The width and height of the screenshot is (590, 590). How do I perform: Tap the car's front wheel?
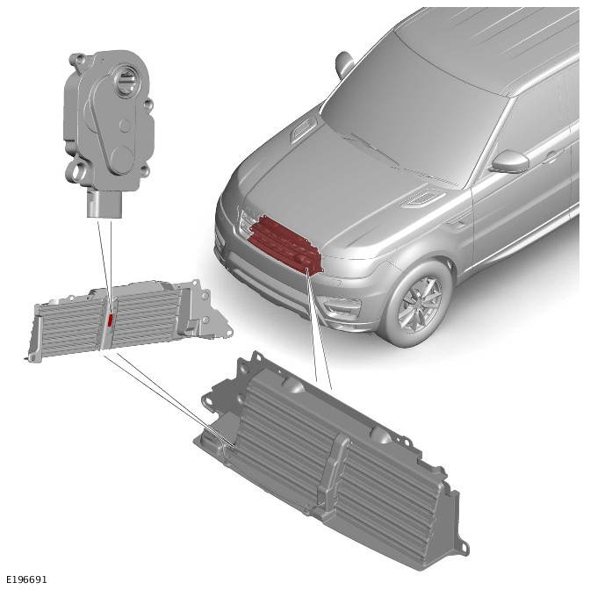(x=418, y=303)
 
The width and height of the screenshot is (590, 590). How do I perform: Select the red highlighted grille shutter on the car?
(x=285, y=245)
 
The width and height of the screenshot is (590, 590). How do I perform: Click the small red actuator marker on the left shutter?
(x=111, y=320)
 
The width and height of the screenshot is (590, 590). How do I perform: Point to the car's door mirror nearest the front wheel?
(x=510, y=162)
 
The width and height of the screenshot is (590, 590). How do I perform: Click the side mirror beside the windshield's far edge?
(x=343, y=63)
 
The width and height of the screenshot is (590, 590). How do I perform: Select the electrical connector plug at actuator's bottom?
(x=104, y=204)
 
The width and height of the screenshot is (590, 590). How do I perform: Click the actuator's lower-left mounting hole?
(x=79, y=171)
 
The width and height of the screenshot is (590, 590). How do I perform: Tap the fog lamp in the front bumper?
(x=341, y=303)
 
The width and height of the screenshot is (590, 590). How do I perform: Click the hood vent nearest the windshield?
(x=303, y=129)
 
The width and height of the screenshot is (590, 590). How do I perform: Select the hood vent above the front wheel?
(x=422, y=198)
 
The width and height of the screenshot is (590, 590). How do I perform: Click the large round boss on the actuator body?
(x=122, y=160)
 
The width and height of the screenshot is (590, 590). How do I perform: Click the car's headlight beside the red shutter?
(x=246, y=221)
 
